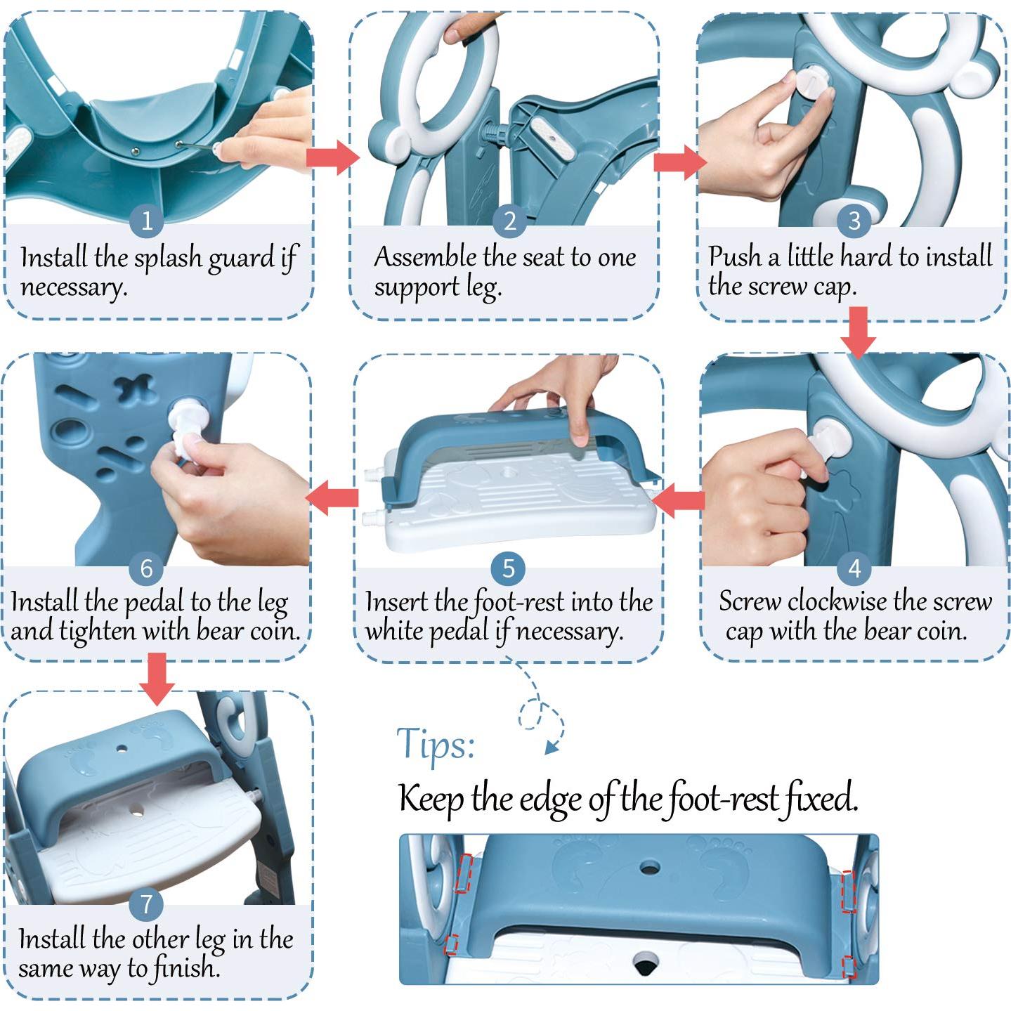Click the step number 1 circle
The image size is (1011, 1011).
146,221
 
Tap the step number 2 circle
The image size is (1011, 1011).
509,221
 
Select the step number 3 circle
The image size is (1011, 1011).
854,221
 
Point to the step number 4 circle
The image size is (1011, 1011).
854,568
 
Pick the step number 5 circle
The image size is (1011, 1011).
508,568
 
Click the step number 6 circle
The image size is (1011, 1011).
146,568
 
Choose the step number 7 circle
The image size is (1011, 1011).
146,904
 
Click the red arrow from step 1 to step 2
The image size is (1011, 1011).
332,157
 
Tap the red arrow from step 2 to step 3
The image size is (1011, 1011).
679,162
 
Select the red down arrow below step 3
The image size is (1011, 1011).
859,332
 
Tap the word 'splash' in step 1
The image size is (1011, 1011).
167,259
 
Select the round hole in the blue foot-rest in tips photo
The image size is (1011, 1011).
649,868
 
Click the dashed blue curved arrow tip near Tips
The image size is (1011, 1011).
551,749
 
